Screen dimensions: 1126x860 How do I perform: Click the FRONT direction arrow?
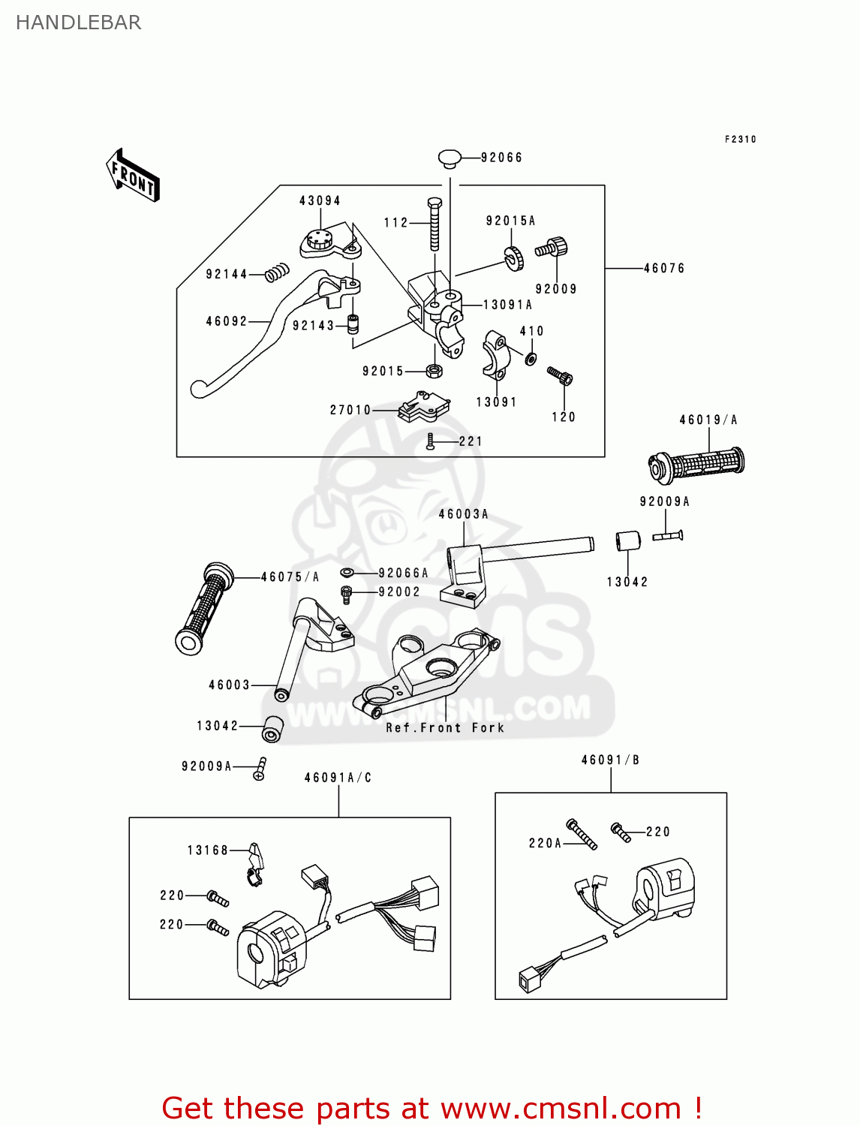click(134, 176)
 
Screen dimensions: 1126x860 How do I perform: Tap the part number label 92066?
click(501, 158)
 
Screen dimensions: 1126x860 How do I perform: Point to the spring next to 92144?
click(278, 272)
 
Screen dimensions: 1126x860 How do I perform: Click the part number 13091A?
click(507, 305)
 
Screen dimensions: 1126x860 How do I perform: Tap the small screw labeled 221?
click(430, 441)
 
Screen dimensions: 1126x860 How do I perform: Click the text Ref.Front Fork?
click(445, 728)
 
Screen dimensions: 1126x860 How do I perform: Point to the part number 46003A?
click(463, 514)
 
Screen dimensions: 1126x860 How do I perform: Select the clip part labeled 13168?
click(255, 863)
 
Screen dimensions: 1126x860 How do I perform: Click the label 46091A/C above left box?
click(338, 778)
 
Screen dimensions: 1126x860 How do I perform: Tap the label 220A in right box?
click(545, 843)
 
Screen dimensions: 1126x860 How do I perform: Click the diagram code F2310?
click(740, 140)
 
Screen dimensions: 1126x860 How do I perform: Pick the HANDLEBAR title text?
click(78, 23)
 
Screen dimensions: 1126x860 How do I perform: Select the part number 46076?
click(664, 268)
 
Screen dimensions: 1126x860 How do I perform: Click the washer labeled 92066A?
click(347, 573)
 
